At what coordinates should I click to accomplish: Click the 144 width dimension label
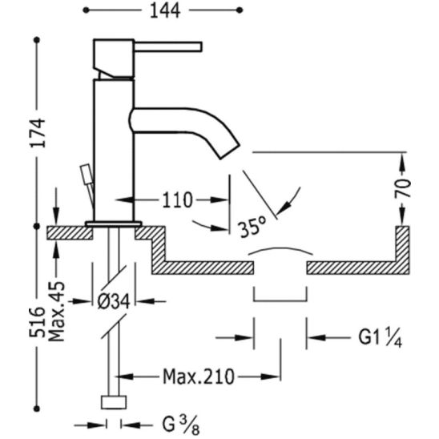point(165,11)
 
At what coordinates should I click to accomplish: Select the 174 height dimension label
point(38,133)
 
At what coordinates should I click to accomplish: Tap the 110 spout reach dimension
point(178,200)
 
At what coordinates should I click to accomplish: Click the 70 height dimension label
point(402,187)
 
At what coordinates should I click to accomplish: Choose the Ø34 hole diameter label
point(114,301)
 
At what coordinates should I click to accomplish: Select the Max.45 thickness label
point(56,312)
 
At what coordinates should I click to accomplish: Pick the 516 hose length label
point(37,322)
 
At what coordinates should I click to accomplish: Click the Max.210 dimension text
point(198,377)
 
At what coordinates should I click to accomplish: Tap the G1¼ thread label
point(381,337)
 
